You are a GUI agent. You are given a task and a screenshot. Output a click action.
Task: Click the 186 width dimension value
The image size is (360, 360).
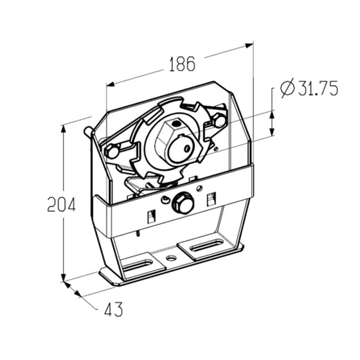point(183,64)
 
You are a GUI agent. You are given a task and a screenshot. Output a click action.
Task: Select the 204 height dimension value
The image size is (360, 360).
point(61,204)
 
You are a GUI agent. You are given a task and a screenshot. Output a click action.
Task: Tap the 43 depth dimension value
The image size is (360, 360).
point(113,309)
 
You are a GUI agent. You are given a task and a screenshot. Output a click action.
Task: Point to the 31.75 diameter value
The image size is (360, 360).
point(318,87)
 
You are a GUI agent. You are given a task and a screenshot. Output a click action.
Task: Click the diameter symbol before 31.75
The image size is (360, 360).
point(287,89)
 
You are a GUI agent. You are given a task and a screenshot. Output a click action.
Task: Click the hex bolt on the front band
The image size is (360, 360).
point(183,203)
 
